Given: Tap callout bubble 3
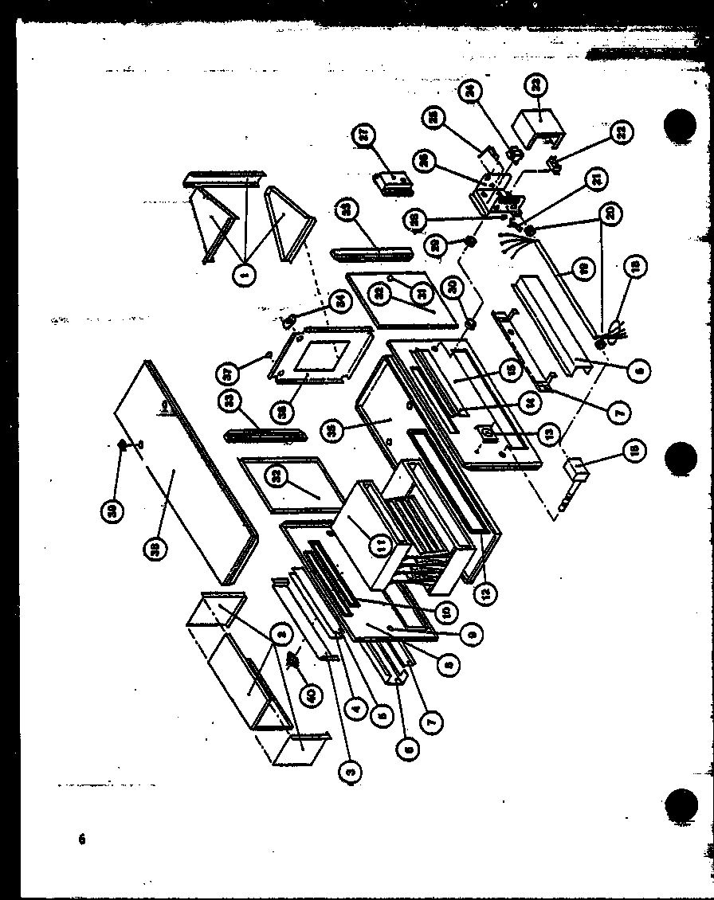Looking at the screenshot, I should (x=349, y=769).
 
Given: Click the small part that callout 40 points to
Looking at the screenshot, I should (x=295, y=659).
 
